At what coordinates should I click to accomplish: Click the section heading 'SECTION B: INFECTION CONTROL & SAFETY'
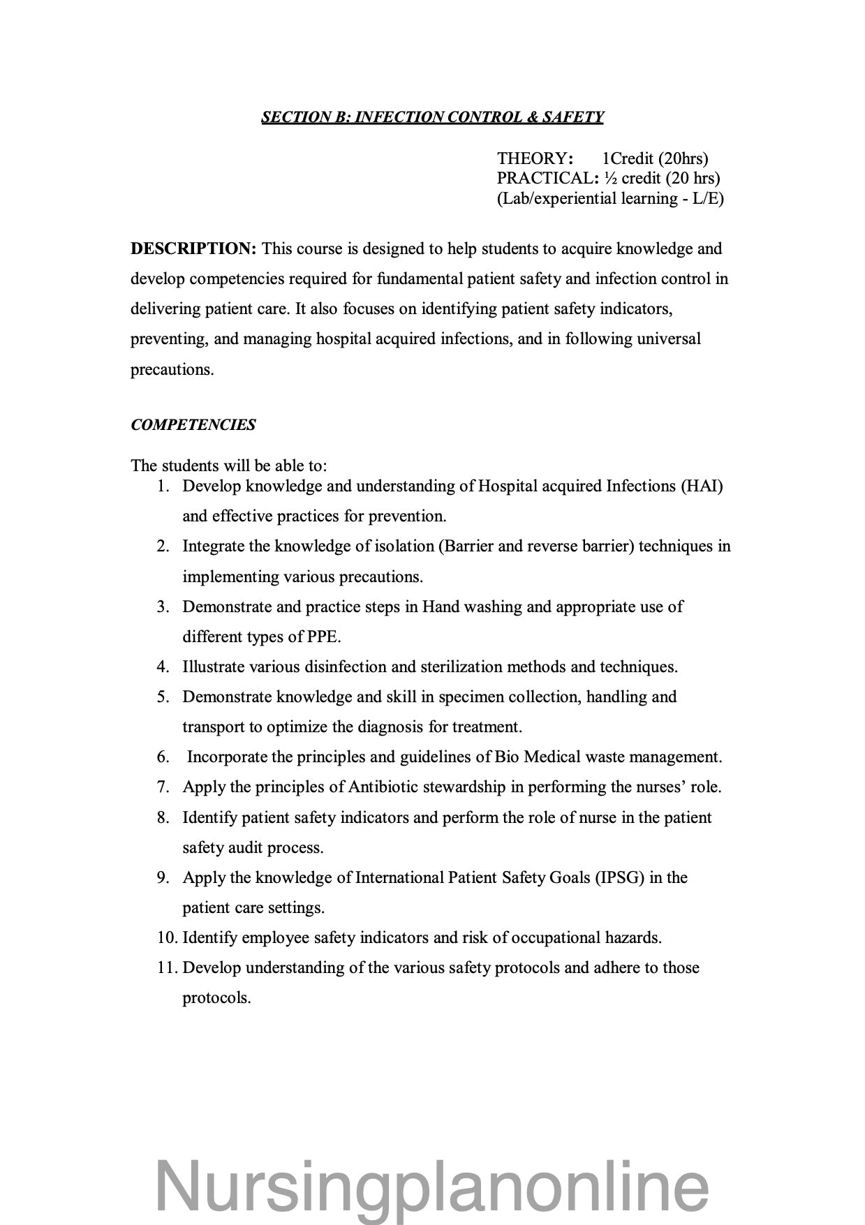click(x=432, y=117)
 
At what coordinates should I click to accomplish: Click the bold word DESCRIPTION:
click(x=194, y=249)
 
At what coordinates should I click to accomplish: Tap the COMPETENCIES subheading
click(x=193, y=425)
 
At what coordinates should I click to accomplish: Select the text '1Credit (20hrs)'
click(x=655, y=159)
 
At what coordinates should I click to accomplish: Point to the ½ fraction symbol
click(x=611, y=179)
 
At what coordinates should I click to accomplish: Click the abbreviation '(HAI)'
click(x=701, y=487)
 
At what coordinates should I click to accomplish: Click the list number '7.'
click(x=163, y=787)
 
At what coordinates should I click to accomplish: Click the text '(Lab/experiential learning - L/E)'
click(x=610, y=199)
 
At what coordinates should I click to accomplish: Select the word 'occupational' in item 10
click(x=558, y=938)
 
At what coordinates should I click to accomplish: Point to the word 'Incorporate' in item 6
click(x=227, y=757)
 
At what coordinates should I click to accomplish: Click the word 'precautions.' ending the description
click(x=172, y=370)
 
